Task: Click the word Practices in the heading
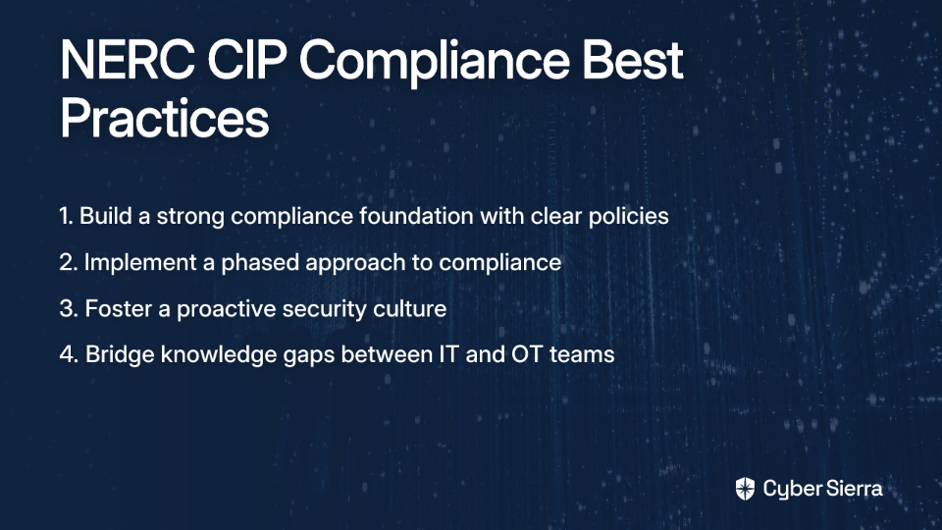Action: coord(165,118)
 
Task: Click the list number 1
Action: coord(66,216)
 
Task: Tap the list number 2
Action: coord(69,262)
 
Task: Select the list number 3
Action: coord(69,308)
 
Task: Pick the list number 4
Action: coord(69,354)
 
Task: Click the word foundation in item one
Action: coord(416,216)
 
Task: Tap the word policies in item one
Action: coord(628,217)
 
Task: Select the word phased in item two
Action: coord(261,263)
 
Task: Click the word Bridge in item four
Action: coord(120,355)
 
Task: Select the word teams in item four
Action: coord(582,354)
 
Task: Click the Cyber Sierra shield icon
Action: coord(745,489)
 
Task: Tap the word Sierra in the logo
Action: coord(853,489)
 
